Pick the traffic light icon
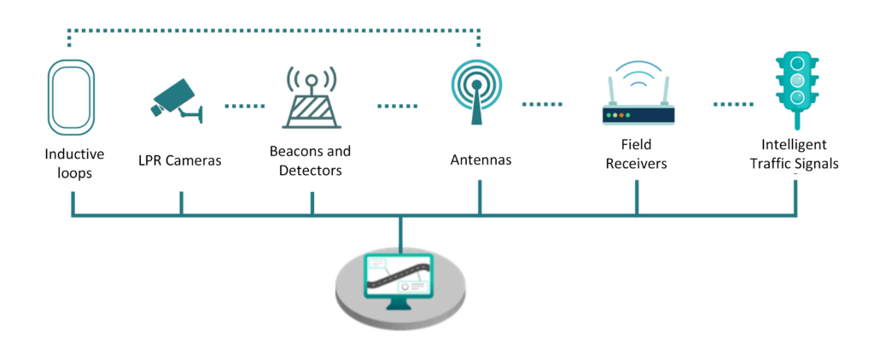coord(795,86)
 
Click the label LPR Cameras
coord(180,160)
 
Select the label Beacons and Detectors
coord(310,161)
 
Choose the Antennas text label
coord(481,160)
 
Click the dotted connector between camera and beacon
coord(246,106)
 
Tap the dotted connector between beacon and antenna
coord(398,106)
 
